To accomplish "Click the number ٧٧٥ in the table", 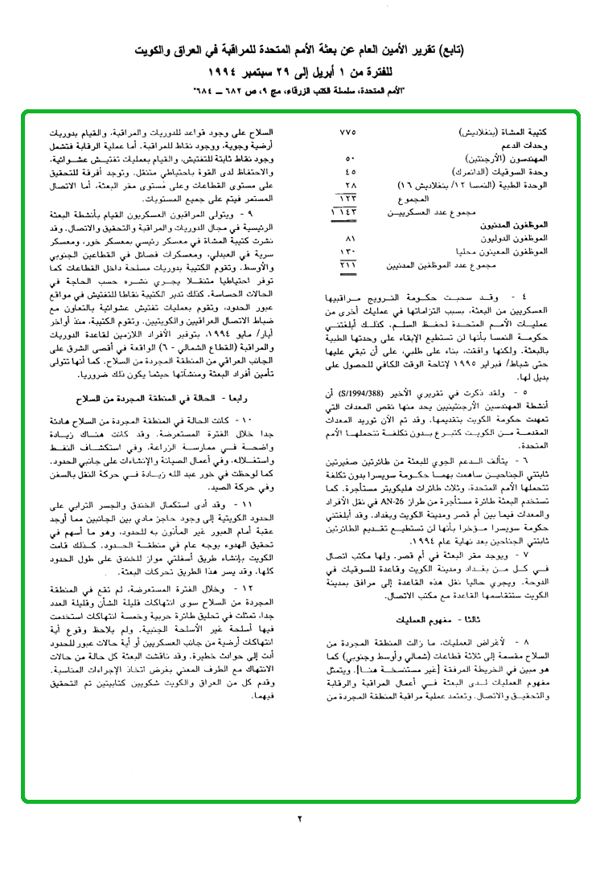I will [348, 132].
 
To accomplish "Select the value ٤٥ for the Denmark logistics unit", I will [350, 171].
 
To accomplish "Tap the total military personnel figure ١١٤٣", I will [347, 211].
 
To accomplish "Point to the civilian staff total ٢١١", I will [348, 264].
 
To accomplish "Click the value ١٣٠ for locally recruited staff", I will [349, 252].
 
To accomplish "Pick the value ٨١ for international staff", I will [350, 239].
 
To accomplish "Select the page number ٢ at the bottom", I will [299, 819].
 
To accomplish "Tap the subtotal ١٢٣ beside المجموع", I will [348, 198].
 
